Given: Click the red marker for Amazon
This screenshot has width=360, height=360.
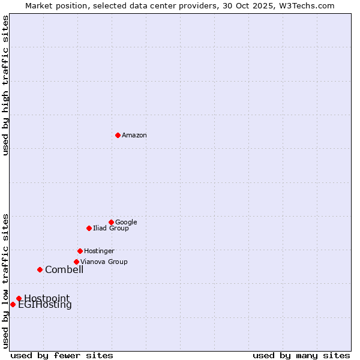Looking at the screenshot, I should (x=118, y=135).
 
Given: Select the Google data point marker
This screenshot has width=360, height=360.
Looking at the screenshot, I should (x=111, y=222).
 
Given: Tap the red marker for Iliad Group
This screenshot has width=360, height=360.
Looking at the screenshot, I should (x=89, y=228).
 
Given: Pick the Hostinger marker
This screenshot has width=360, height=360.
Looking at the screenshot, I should (x=80, y=251).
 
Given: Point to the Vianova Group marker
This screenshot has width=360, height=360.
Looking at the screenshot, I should (x=76, y=262).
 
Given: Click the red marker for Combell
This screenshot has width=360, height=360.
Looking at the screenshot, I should (x=40, y=269).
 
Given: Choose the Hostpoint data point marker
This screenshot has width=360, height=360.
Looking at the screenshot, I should (x=19, y=298).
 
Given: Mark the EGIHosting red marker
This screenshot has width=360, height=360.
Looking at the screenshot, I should (x=13, y=304).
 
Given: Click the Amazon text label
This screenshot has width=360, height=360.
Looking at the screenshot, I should (x=134, y=136).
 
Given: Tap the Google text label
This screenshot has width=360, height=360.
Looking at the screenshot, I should (x=126, y=223).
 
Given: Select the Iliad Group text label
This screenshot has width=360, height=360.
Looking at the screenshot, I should (x=111, y=229).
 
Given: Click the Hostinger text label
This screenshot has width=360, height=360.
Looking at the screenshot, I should (x=99, y=251).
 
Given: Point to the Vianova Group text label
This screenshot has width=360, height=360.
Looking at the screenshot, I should (x=104, y=262).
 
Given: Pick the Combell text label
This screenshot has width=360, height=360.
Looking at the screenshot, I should (x=64, y=270).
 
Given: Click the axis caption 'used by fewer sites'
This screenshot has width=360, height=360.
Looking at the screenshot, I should (x=62, y=355).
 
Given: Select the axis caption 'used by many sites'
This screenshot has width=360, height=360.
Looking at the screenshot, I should (x=301, y=355).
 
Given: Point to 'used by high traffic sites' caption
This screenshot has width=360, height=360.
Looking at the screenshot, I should (x=6, y=85).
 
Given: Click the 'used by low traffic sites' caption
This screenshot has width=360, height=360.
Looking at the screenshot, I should (x=6, y=280).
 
